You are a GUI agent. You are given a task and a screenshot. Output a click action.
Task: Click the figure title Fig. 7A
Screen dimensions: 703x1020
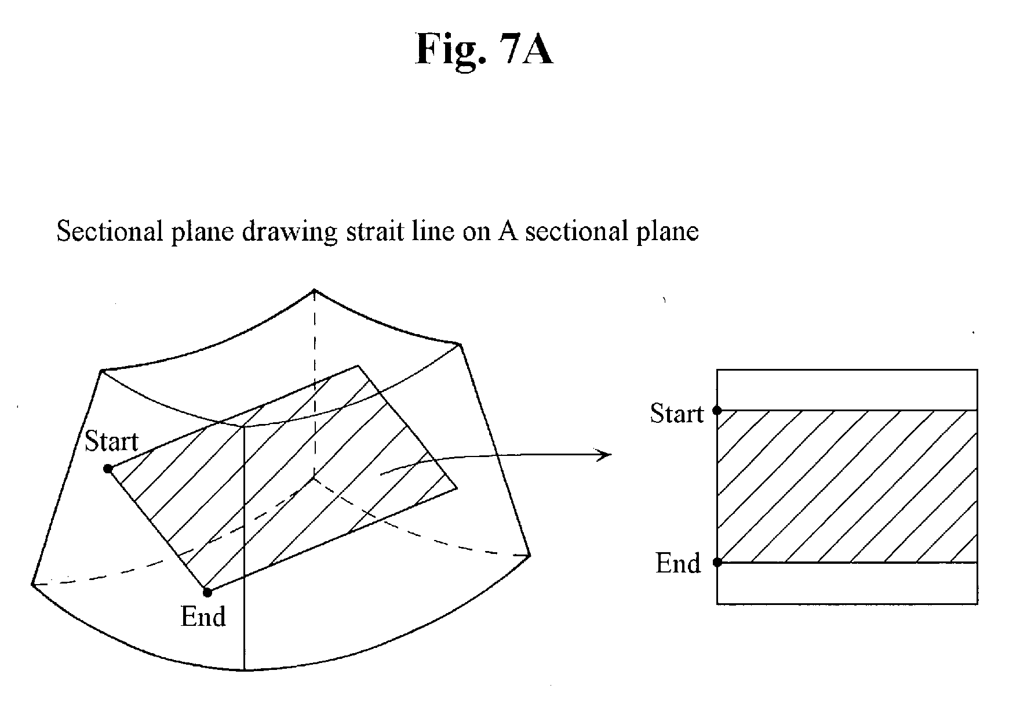[484, 50]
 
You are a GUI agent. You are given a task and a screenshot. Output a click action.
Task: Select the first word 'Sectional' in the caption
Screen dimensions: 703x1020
[106, 231]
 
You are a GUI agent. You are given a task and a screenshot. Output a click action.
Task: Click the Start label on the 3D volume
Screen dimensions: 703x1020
[111, 441]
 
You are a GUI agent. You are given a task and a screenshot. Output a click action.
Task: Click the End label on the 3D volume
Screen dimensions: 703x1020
[203, 616]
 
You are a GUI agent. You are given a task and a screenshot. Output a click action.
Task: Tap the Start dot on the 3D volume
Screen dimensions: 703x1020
[108, 469]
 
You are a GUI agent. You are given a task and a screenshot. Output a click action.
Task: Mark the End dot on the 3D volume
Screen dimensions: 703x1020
[207, 592]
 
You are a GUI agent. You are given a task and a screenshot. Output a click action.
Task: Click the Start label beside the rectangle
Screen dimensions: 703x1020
[676, 414]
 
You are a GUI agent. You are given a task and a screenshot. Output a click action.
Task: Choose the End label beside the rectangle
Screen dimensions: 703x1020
[677, 563]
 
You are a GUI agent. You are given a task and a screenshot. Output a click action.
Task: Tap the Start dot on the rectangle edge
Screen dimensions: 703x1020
[717, 410]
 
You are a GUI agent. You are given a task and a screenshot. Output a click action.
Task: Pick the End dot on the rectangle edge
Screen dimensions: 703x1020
[717, 562]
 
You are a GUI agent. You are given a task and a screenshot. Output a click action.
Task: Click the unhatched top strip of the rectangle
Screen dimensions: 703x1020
[847, 390]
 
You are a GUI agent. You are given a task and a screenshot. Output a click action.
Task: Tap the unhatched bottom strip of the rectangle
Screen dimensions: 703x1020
[847, 583]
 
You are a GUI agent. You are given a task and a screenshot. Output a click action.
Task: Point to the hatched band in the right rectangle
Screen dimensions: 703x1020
[847, 486]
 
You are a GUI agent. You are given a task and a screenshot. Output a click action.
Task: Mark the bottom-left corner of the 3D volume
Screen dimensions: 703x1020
[32, 583]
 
